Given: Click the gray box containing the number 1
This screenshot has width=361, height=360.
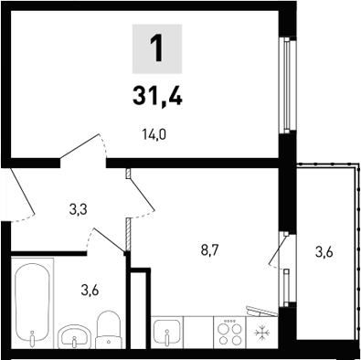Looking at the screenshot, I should tap(158, 48).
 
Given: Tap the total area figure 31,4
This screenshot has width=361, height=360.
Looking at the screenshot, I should tap(158, 94).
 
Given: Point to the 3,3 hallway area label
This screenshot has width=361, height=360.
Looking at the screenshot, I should tap(79, 210).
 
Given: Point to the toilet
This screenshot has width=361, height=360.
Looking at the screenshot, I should tap(109, 330).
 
